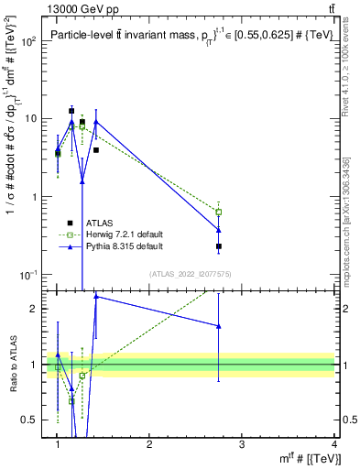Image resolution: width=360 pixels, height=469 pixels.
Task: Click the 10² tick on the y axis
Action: [x=27, y=42]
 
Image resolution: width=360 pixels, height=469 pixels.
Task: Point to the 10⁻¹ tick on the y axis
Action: [x=27, y=275]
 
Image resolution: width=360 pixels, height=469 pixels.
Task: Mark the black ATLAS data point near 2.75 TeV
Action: [x=218, y=246]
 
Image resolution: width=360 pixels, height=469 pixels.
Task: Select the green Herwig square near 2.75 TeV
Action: [x=218, y=212]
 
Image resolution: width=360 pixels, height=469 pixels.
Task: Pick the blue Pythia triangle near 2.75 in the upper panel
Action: [x=218, y=230]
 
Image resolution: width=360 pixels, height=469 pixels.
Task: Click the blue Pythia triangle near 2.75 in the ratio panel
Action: [x=218, y=326]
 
